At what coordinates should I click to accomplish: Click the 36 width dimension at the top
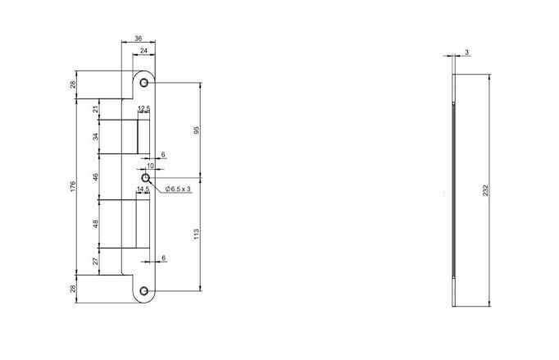138,39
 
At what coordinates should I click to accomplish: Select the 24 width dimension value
143,51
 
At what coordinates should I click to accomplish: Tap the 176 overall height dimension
73,187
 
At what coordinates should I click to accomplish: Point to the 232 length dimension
485,190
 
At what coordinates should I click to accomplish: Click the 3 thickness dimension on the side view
466,52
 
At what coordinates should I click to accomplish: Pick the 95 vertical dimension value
197,130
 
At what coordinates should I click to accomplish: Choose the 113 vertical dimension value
197,234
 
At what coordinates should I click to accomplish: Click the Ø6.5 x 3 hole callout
178,189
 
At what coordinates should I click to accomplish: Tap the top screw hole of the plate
144,83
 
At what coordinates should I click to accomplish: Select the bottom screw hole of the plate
144,291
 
